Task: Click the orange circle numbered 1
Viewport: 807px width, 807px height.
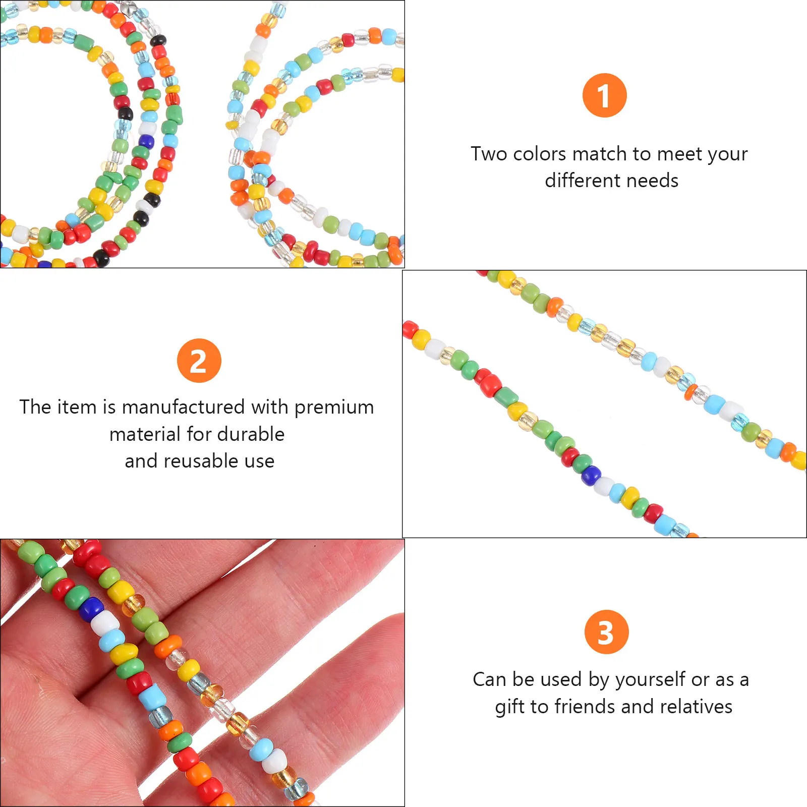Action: [x=604, y=95]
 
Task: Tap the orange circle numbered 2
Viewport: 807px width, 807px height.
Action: [x=199, y=361]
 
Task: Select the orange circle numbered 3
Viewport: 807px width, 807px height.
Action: [x=606, y=632]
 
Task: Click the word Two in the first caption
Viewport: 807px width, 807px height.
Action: [x=488, y=153]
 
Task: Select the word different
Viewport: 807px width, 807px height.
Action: [x=585, y=180]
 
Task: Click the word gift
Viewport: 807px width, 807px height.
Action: [x=510, y=707]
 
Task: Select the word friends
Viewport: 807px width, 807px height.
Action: [x=585, y=707]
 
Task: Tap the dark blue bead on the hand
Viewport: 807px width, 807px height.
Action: [x=92, y=608]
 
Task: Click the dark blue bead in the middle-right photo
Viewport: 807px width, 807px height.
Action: [x=590, y=475]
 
